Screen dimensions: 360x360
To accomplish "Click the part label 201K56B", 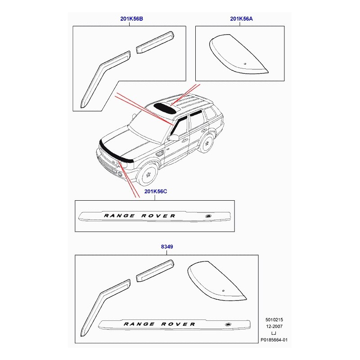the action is click(131, 18).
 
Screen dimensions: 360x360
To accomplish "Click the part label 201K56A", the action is click(241, 18).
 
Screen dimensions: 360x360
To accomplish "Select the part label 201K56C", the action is click(156, 191).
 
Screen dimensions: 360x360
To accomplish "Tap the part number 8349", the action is click(167, 247).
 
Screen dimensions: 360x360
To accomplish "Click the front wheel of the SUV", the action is click(148, 175).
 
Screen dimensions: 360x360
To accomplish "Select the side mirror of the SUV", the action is click(173, 137).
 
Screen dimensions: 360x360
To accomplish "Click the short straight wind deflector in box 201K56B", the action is click(155, 42).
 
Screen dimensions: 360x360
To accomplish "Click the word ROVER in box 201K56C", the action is click(158, 216).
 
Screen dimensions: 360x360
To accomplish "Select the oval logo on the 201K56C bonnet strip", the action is click(208, 216).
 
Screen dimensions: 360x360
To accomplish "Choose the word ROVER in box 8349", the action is click(178, 324).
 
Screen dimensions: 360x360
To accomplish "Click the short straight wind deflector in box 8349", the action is click(155, 271).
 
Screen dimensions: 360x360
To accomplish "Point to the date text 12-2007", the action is click(274, 326).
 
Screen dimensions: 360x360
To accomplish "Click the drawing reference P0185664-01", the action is click(274, 340).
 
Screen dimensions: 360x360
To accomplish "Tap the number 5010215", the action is click(274, 319).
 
